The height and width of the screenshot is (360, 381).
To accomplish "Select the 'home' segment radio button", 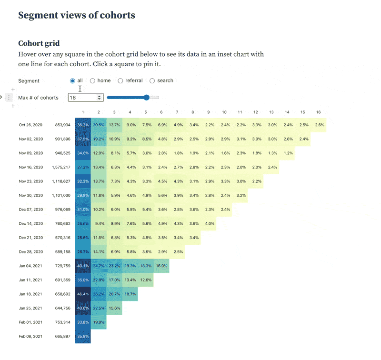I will [x=92, y=81].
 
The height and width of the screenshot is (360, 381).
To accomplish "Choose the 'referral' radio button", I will [x=120, y=81].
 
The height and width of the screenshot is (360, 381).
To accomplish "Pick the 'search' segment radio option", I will [x=152, y=81].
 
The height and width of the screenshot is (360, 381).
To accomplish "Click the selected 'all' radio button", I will [x=72, y=81].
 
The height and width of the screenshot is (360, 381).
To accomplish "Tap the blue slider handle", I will [x=147, y=98].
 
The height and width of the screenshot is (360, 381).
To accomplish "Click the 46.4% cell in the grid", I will [x=83, y=294].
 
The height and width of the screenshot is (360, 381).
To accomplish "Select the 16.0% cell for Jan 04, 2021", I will [x=161, y=266].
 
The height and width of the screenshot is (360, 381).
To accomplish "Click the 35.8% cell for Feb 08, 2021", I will [x=83, y=336].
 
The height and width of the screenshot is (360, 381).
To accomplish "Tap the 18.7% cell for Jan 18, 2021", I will [x=130, y=294].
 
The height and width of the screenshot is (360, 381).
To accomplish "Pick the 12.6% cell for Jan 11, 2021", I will [x=146, y=280].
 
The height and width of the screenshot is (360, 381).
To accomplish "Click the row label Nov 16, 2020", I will [x=31, y=167].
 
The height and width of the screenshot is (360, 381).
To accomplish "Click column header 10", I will [x=224, y=112].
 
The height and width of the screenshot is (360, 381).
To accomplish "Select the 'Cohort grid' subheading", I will [x=39, y=43].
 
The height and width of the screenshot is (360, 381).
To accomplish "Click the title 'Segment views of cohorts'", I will [x=77, y=15].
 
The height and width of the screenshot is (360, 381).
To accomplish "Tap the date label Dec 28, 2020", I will [x=31, y=252].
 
